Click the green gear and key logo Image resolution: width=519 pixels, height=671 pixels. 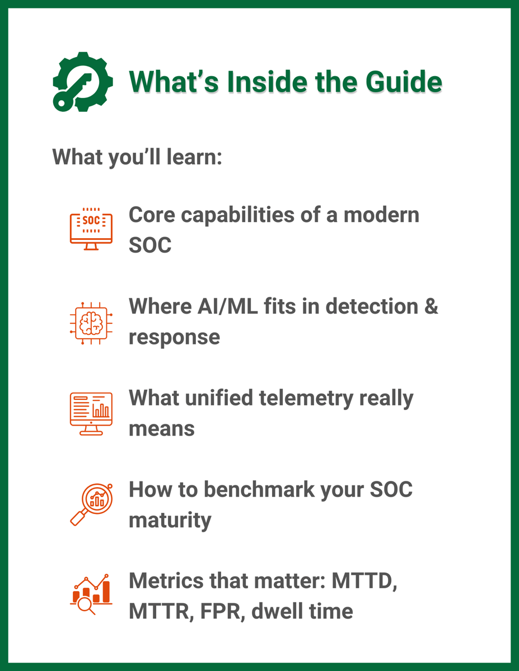pyautogui.click(x=82, y=82)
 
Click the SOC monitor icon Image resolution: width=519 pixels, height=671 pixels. pyautogui.click(x=91, y=229)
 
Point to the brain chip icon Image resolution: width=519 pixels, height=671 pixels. pyautogui.click(x=91, y=323)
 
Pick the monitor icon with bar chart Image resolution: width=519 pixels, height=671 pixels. pyautogui.click(x=91, y=413)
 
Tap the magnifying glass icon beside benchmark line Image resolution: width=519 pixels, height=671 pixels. pyautogui.click(x=91, y=504)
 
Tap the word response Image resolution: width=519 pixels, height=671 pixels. pyautogui.click(x=174, y=337)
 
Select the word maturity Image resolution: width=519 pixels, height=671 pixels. pyautogui.click(x=170, y=521)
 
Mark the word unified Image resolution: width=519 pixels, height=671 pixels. pyautogui.click(x=217, y=398)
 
